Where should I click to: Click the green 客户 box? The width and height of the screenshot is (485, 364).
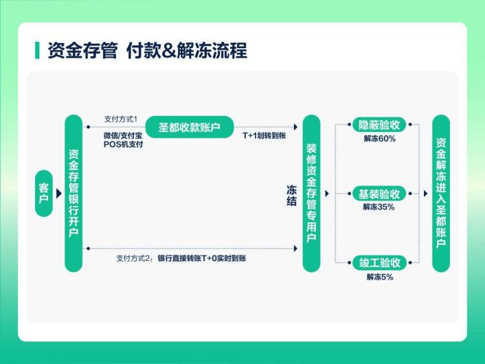click(x=43, y=194)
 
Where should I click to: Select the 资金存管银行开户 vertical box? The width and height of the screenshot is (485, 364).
click(x=74, y=193)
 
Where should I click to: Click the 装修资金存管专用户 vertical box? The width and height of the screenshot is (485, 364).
click(x=311, y=193)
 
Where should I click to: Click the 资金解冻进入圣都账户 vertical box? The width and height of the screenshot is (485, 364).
click(x=440, y=193)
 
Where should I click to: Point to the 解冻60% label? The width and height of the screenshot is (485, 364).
click(x=379, y=139)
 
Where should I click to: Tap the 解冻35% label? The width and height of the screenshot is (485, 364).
click(x=379, y=207)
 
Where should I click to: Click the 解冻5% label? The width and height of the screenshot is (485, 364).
click(x=379, y=277)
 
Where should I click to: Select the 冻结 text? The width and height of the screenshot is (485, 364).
click(x=291, y=194)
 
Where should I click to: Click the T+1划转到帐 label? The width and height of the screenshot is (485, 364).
click(x=264, y=136)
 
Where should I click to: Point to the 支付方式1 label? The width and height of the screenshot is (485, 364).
click(x=121, y=118)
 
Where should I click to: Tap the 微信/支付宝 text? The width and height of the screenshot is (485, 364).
click(x=123, y=135)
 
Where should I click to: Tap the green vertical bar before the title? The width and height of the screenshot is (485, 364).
click(x=37, y=50)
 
